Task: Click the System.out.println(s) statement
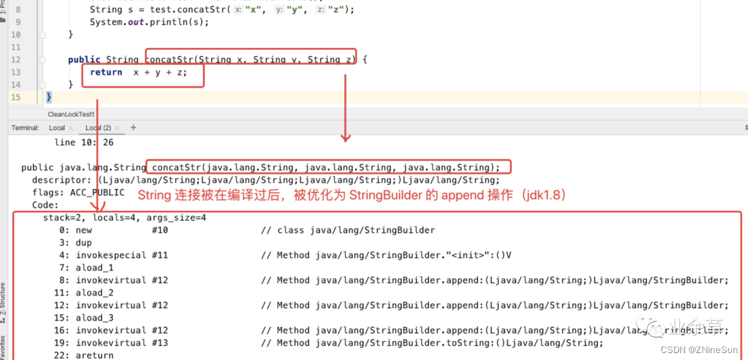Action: pyautogui.click(x=149, y=22)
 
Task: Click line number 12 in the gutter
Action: pyautogui.click(x=16, y=60)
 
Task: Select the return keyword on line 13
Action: pyautogui.click(x=106, y=72)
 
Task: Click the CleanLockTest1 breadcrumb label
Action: pyautogui.click(x=71, y=114)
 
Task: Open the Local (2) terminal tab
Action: pyautogui.click(x=98, y=128)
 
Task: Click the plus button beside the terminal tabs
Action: pyautogui.click(x=134, y=128)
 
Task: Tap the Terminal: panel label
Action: pyautogui.click(x=25, y=128)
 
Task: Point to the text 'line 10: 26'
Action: pyautogui.click(x=84, y=143)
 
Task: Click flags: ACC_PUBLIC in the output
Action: pyautogui.click(x=78, y=192)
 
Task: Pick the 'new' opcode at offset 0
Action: pyautogui.click(x=84, y=231)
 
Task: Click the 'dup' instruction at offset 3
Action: pyautogui.click(x=84, y=243)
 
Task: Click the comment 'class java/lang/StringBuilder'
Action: pyautogui.click(x=356, y=231)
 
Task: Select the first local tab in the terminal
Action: pyautogui.click(x=57, y=128)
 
